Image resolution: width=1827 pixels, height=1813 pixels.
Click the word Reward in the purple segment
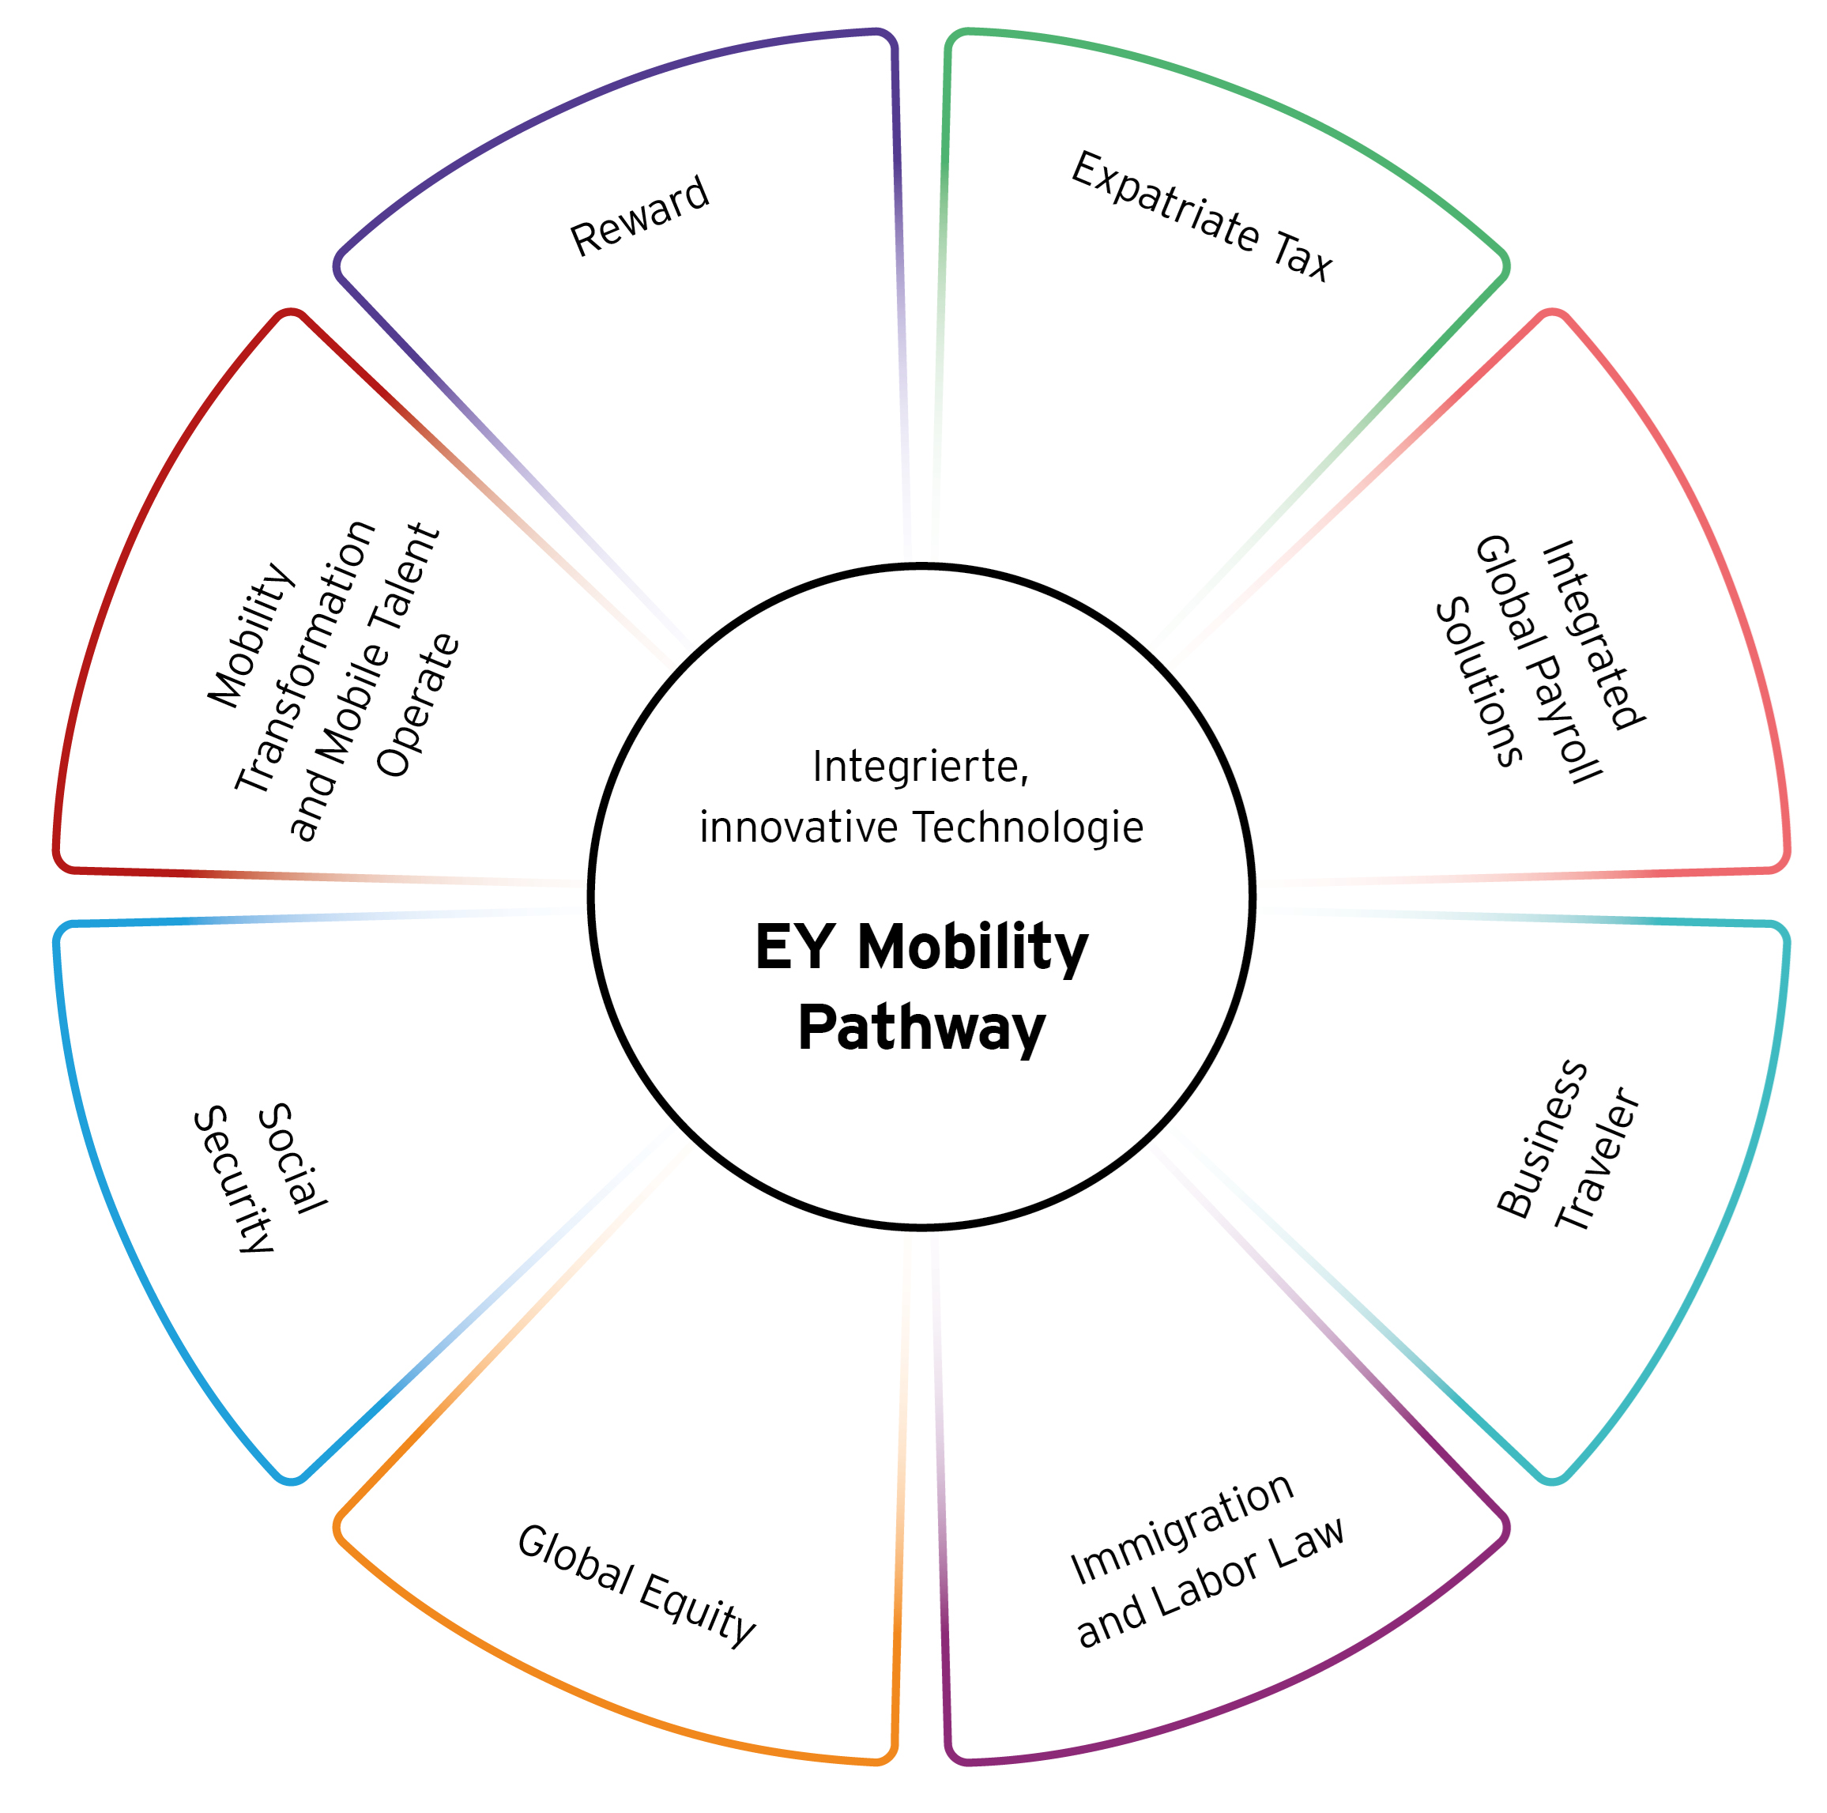pyautogui.click(x=639, y=216)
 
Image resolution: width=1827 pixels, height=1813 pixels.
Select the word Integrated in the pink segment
pyautogui.click(x=1593, y=635)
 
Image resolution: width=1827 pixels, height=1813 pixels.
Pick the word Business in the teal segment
pyautogui.click(x=1542, y=1139)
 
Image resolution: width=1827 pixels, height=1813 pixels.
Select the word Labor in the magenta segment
pyautogui.click(x=1207, y=1584)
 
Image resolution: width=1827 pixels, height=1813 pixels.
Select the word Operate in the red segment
pyautogui.click(x=417, y=706)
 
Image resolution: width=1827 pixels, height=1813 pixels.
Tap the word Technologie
pyautogui.click(x=1028, y=827)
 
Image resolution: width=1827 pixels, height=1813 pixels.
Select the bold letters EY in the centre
pyautogui.click(x=794, y=947)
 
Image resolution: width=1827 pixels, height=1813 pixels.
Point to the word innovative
pyautogui.click(x=798, y=827)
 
